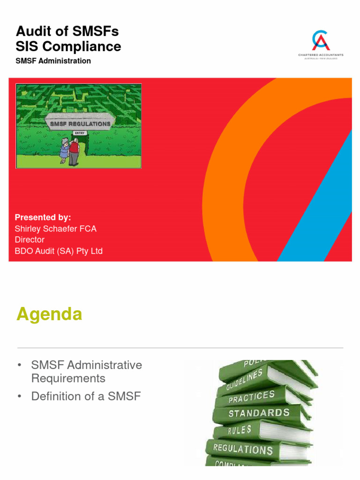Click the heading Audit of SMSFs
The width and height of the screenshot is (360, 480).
click(67, 31)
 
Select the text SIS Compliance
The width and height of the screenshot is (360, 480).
click(68, 46)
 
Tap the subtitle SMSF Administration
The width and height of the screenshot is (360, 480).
click(53, 61)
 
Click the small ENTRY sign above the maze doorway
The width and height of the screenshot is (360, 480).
click(80, 133)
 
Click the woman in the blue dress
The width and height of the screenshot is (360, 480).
click(64, 151)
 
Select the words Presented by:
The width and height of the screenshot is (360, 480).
click(43, 217)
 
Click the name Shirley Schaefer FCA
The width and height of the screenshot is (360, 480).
click(55, 229)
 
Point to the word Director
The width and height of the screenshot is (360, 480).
click(30, 240)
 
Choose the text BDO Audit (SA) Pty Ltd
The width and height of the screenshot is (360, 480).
click(59, 251)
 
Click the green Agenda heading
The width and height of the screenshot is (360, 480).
click(49, 314)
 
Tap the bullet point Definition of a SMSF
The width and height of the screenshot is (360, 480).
click(86, 396)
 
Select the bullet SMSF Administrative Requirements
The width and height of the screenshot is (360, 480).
click(86, 371)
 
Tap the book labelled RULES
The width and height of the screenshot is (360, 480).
click(240, 430)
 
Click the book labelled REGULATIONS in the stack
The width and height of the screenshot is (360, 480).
click(243, 449)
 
